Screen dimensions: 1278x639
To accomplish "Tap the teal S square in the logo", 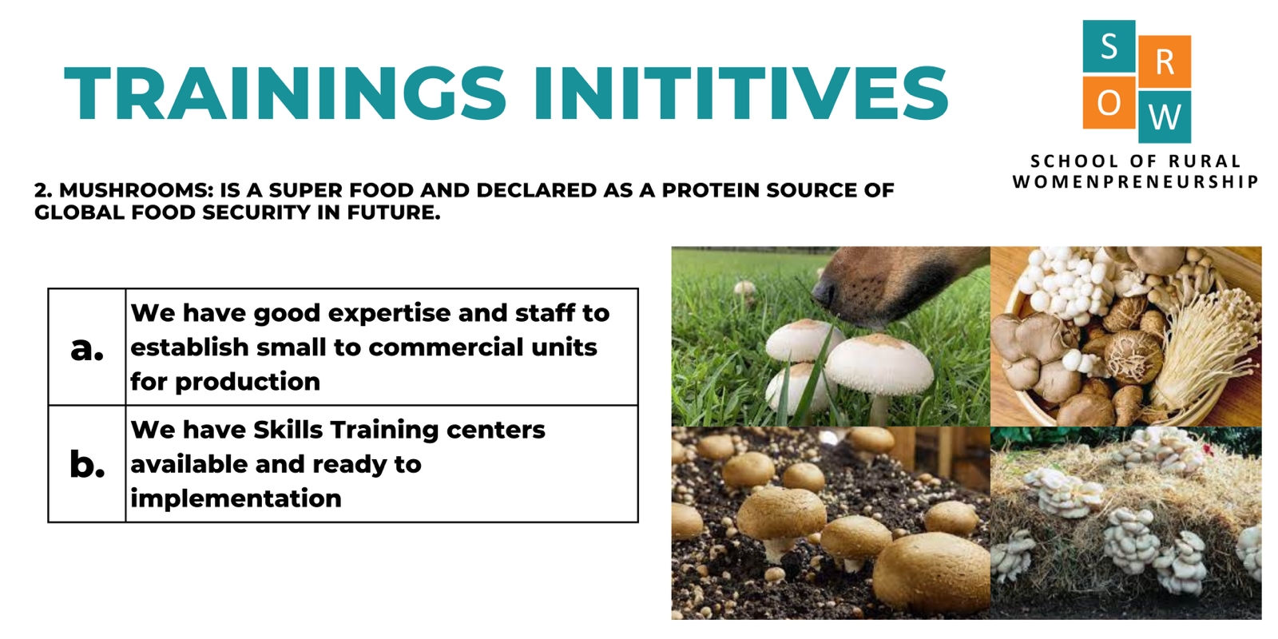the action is click(x=1109, y=46).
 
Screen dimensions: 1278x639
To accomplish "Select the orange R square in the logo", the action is click(x=1165, y=62).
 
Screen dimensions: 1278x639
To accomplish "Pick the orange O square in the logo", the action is click(x=1109, y=103).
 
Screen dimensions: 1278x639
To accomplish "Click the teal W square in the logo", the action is click(x=1165, y=117).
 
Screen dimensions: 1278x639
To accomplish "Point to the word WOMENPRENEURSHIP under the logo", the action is click(x=1136, y=182).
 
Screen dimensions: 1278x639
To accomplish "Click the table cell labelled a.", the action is click(x=87, y=347).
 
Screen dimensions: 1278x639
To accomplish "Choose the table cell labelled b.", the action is click(x=87, y=464).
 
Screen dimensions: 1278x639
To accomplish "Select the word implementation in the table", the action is click(x=236, y=499).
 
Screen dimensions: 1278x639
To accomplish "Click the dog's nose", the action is click(x=825, y=292).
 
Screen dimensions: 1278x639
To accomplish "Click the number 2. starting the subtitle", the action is click(x=43, y=190).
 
